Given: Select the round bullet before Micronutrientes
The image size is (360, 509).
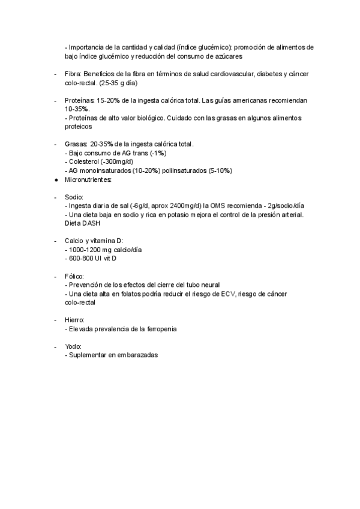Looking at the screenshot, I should tap(55, 179).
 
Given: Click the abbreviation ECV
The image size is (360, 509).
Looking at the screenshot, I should tap(228, 294).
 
